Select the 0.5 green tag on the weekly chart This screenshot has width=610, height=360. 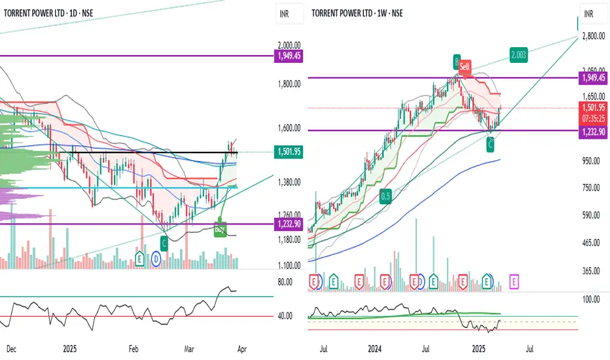click(387, 196)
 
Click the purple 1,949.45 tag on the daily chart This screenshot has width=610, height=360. click(288, 57)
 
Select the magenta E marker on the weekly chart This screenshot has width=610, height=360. click(514, 283)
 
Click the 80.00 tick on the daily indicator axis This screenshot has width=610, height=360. click(285, 282)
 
